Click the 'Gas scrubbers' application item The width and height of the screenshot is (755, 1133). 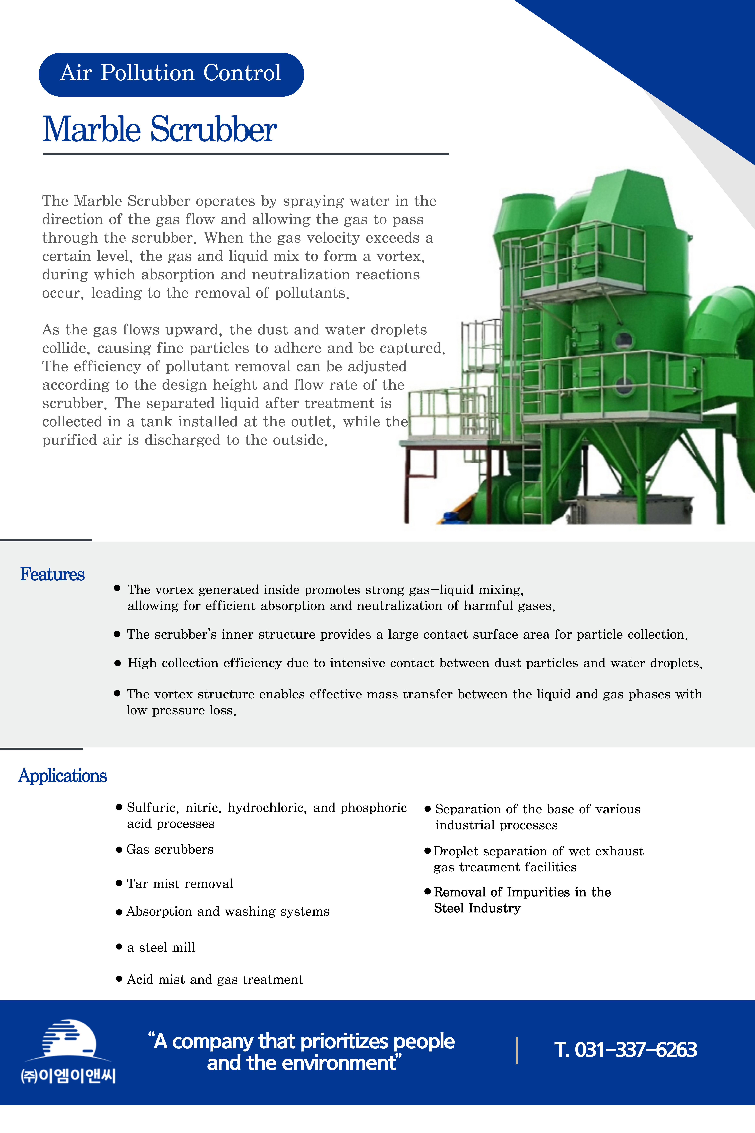169,849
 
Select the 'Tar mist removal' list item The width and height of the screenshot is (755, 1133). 180,884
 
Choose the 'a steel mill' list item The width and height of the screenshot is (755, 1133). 161,948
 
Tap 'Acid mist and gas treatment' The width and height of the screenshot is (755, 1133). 215,979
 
